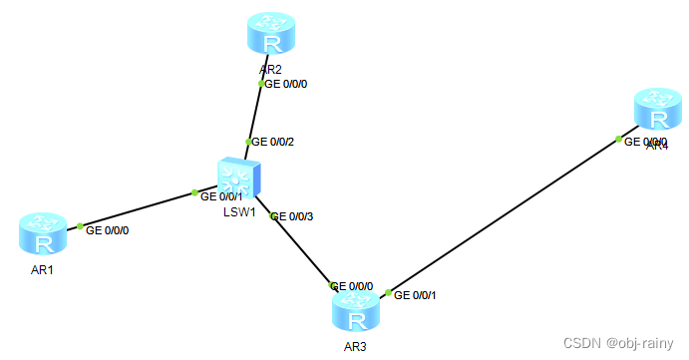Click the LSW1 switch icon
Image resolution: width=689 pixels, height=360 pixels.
(239, 180)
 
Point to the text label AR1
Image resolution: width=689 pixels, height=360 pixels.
(42, 270)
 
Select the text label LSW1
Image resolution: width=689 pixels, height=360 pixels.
(239, 212)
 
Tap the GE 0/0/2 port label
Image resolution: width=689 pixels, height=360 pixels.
(272, 142)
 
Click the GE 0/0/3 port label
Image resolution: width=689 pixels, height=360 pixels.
(292, 216)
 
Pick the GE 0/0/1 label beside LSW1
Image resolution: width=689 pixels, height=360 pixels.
(221, 196)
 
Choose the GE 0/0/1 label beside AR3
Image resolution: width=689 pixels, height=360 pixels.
(415, 294)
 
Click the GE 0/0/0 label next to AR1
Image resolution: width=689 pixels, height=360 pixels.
(108, 230)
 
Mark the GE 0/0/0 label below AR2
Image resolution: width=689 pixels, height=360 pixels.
(286, 84)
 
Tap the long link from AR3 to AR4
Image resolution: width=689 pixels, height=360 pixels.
(504, 214)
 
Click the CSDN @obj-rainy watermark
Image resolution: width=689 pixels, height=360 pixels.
(619, 342)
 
